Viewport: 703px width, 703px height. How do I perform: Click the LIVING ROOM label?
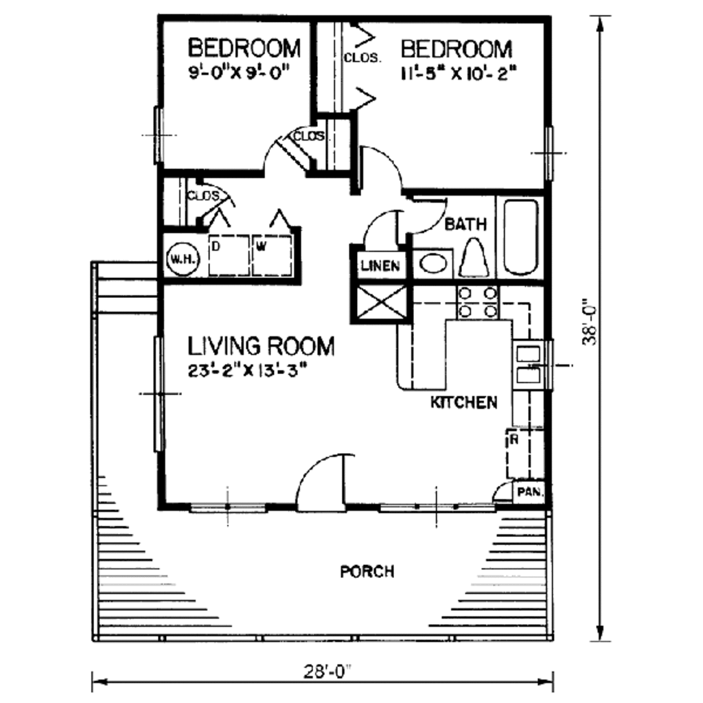coord(262,346)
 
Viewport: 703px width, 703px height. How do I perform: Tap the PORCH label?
coord(367,571)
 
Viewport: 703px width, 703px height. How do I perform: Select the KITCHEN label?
coord(463,402)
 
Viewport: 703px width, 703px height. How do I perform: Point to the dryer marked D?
coord(230,255)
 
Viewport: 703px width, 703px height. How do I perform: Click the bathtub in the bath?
coord(520,236)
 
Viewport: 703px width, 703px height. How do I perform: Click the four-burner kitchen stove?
coord(478,302)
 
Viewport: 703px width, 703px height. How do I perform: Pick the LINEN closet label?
coord(380,266)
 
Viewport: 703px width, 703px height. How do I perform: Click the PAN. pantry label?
coord(530,492)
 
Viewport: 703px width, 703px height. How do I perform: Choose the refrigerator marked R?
coord(524,453)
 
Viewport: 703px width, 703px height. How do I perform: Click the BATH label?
coord(465,224)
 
